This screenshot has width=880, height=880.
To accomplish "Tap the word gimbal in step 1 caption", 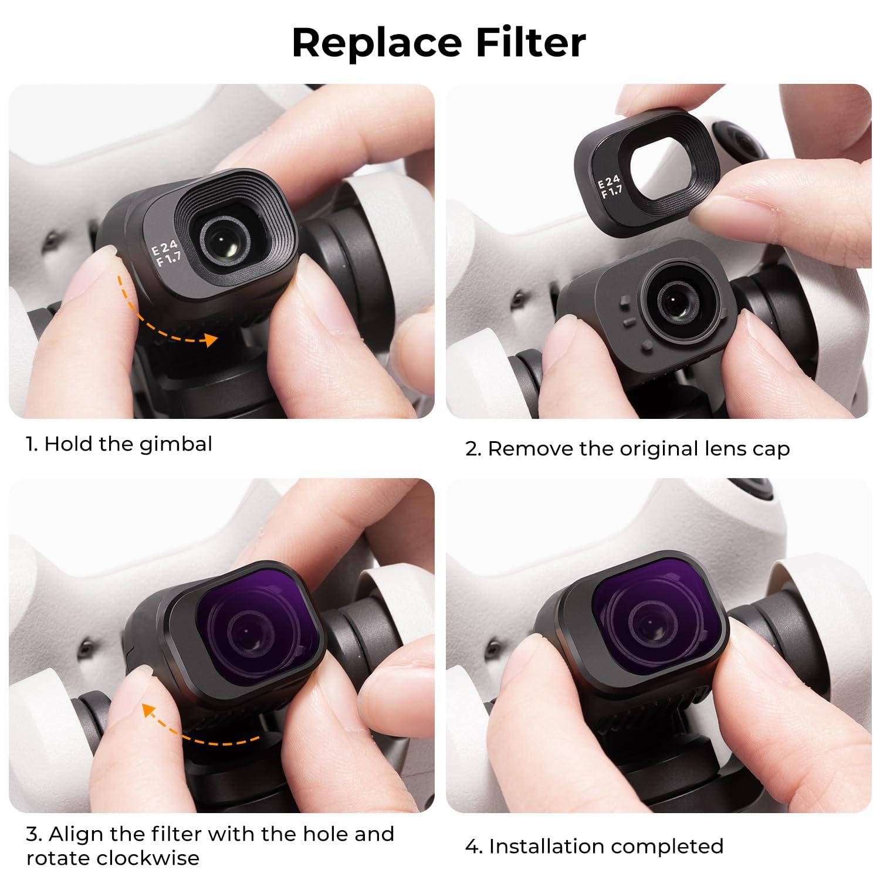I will (175, 444).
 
